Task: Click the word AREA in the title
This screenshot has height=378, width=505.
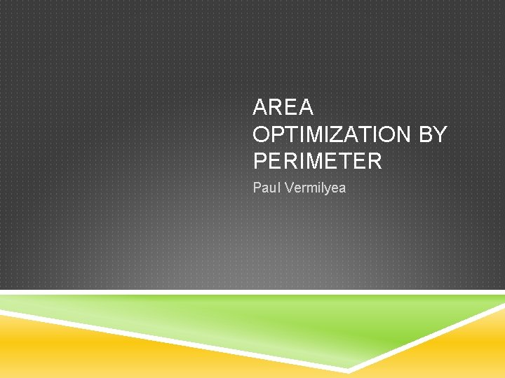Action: (x=283, y=108)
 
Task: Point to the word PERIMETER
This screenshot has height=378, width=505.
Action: (x=318, y=161)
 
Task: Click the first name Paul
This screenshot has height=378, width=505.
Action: (x=266, y=188)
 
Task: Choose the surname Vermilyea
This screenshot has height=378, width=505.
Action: (x=313, y=188)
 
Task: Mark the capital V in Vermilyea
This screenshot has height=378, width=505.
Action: (x=285, y=188)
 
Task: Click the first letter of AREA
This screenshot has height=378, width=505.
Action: (x=261, y=108)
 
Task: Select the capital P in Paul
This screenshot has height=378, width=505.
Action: (x=257, y=188)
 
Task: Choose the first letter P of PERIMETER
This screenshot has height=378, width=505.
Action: (x=260, y=161)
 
